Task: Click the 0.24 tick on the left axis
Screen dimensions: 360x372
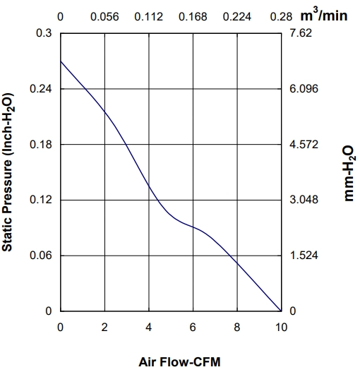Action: (40, 88)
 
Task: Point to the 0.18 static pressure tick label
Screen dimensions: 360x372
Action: (40, 144)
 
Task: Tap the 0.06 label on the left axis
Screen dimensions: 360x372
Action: (40, 256)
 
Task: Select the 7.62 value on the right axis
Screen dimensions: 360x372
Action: (301, 32)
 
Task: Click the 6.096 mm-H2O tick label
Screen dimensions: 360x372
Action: (304, 88)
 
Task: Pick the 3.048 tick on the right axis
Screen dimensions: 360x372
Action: (304, 200)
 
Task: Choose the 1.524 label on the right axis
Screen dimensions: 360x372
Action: (304, 256)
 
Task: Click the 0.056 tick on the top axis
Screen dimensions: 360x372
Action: (104, 17)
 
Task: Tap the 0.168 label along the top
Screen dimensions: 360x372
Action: (193, 17)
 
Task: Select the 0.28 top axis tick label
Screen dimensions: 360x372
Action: (281, 17)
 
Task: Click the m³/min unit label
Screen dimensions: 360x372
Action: (324, 15)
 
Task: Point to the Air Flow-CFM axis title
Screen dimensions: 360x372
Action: (179, 362)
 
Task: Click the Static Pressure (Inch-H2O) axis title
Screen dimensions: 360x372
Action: (8, 172)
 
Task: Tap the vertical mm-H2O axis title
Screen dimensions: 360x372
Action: (349, 174)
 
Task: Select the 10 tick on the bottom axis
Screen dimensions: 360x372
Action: (281, 328)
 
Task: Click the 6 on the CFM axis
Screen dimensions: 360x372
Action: (193, 328)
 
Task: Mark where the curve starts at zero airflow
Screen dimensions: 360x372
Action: (61, 61)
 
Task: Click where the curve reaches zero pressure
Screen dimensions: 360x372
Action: (281, 311)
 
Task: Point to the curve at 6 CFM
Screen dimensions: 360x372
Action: (193, 227)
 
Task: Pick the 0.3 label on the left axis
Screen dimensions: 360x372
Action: (44, 32)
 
